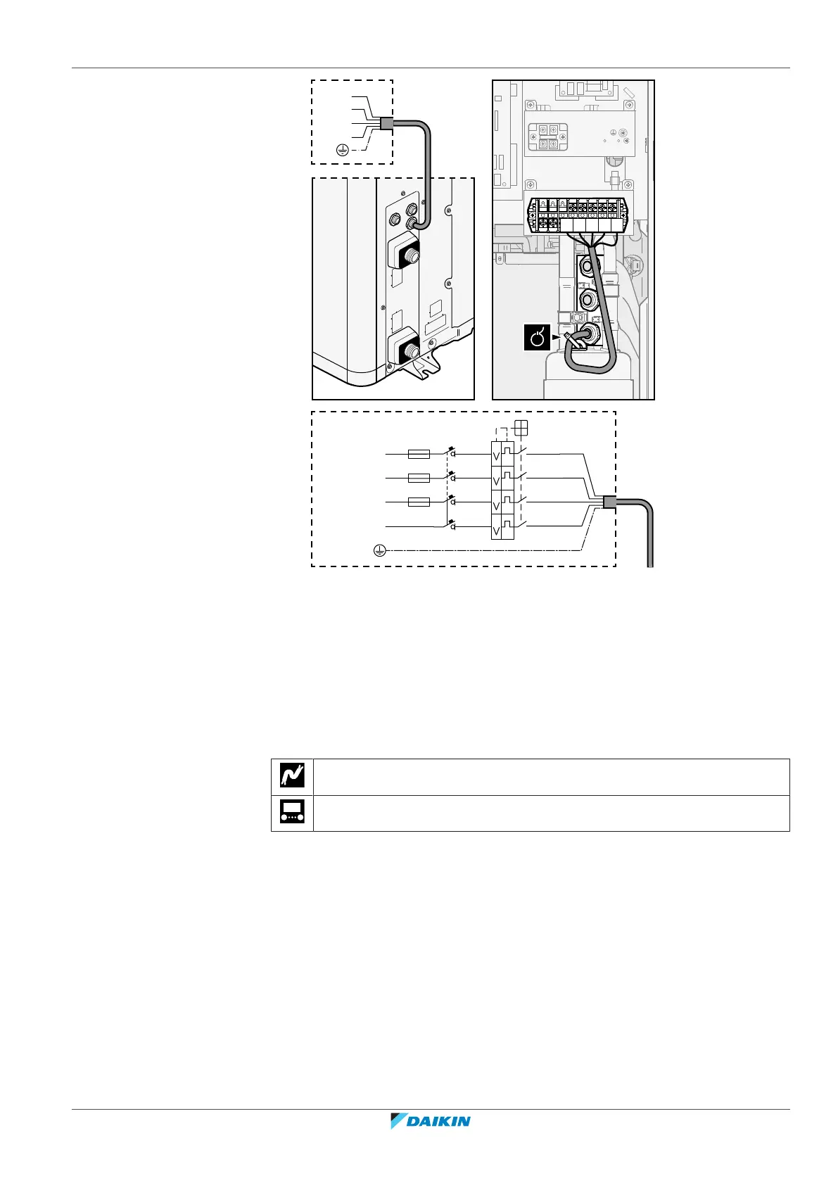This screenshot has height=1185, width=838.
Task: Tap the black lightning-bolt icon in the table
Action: (x=292, y=776)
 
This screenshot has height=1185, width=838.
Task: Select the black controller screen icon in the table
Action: (x=292, y=813)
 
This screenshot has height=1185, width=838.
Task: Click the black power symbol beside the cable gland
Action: (x=537, y=338)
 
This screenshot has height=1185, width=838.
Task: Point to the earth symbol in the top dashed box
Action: (x=341, y=149)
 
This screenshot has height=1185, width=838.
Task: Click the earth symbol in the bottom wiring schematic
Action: (x=379, y=550)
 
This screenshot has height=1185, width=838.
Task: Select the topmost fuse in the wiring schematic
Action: (x=419, y=455)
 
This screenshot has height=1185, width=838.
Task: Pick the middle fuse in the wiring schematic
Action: (x=419, y=479)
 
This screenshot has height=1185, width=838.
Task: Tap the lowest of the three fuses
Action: (x=419, y=502)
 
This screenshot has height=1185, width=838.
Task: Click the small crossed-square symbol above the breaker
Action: (x=521, y=427)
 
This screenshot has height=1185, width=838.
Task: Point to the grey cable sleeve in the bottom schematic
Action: (x=609, y=502)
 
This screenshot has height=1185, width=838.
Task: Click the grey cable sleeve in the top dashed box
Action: (x=386, y=124)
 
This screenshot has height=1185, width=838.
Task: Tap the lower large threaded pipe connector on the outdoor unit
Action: (x=402, y=347)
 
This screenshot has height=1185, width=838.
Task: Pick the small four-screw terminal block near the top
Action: (x=548, y=137)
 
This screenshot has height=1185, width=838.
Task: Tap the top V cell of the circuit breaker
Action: (x=496, y=454)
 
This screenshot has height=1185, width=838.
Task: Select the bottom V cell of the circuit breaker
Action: (x=496, y=528)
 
